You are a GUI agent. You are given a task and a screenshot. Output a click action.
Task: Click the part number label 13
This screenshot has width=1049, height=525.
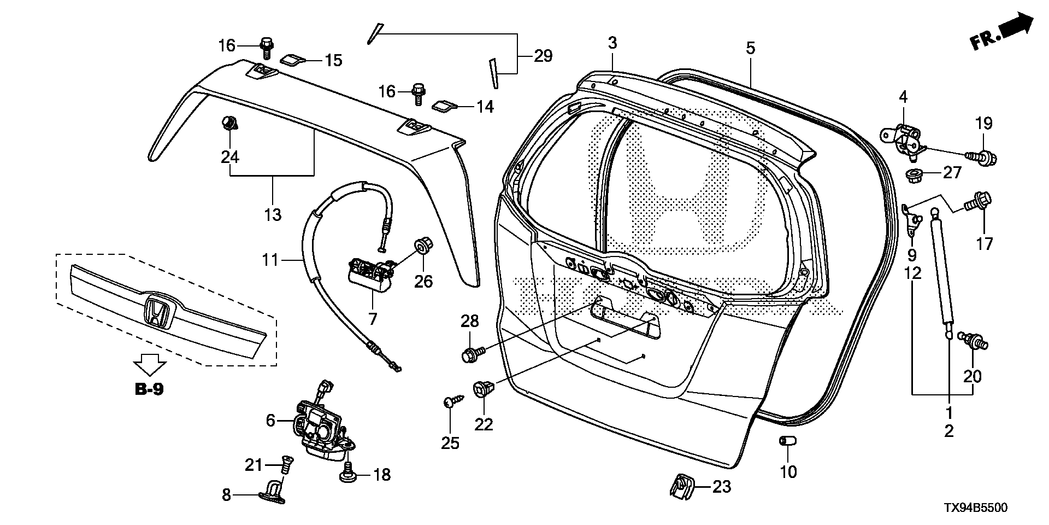tap(273, 214)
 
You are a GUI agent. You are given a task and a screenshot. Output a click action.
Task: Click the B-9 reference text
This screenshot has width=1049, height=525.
tap(149, 389)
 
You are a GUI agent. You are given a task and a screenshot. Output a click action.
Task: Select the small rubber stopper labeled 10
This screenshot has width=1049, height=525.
tap(787, 441)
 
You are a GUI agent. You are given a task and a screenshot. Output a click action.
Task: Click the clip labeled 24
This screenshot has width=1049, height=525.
tap(229, 123)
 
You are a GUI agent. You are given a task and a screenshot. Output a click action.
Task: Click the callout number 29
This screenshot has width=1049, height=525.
tap(543, 56)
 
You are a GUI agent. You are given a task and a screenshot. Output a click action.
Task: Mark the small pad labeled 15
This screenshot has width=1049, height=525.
tap(293, 59)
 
